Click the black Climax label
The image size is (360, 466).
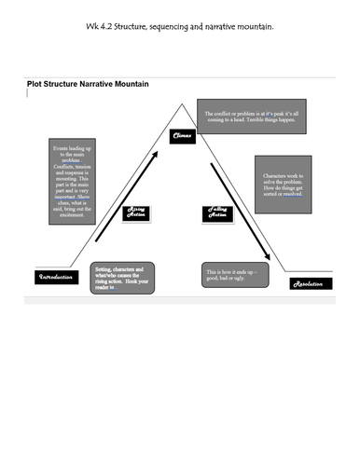(182, 136)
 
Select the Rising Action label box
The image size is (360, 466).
(137, 212)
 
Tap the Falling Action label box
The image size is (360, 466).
(215, 213)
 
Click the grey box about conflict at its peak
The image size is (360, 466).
(239, 118)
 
